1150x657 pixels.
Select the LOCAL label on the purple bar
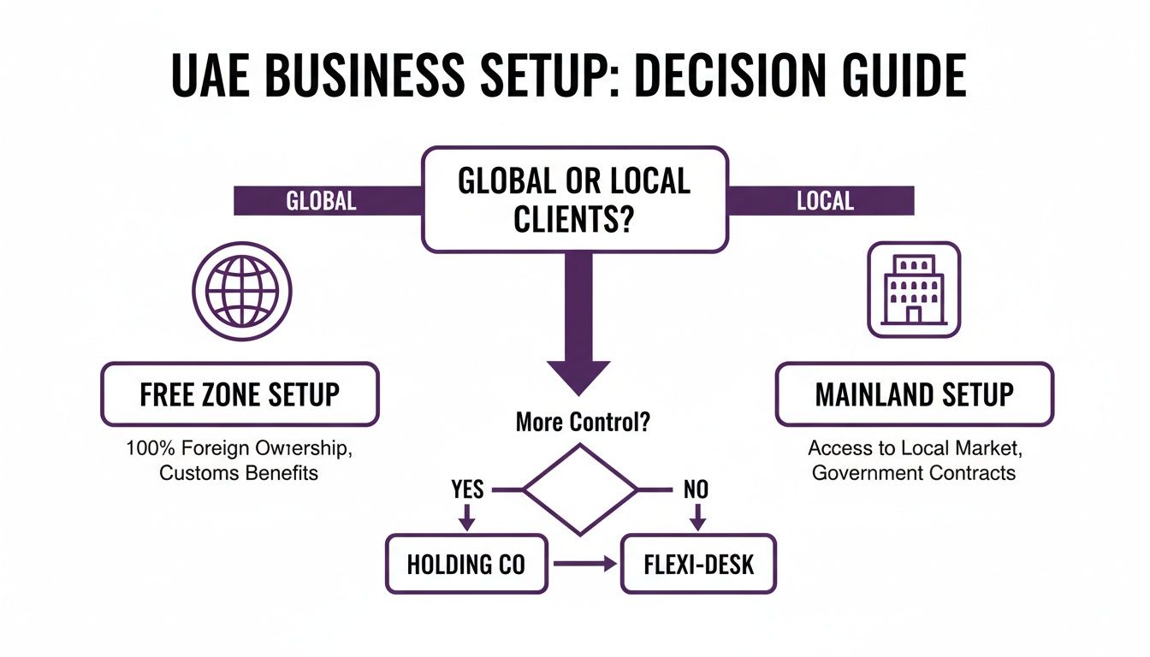click(825, 201)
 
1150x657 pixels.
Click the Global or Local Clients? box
click(575, 198)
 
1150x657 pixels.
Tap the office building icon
click(914, 288)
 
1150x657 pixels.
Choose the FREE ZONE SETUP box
click(240, 394)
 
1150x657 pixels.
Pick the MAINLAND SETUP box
click(914, 394)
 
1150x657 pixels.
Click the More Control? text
click(578, 422)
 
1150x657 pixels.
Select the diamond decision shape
click(580, 490)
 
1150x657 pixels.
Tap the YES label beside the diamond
click(466, 489)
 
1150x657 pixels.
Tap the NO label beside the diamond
click(697, 489)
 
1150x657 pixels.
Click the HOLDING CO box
click(466, 564)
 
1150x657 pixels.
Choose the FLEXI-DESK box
click(697, 564)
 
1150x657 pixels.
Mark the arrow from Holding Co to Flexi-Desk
click(584, 564)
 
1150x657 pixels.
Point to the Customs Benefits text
click(239, 472)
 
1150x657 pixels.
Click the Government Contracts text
click(914, 472)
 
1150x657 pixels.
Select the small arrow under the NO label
click(697, 517)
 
